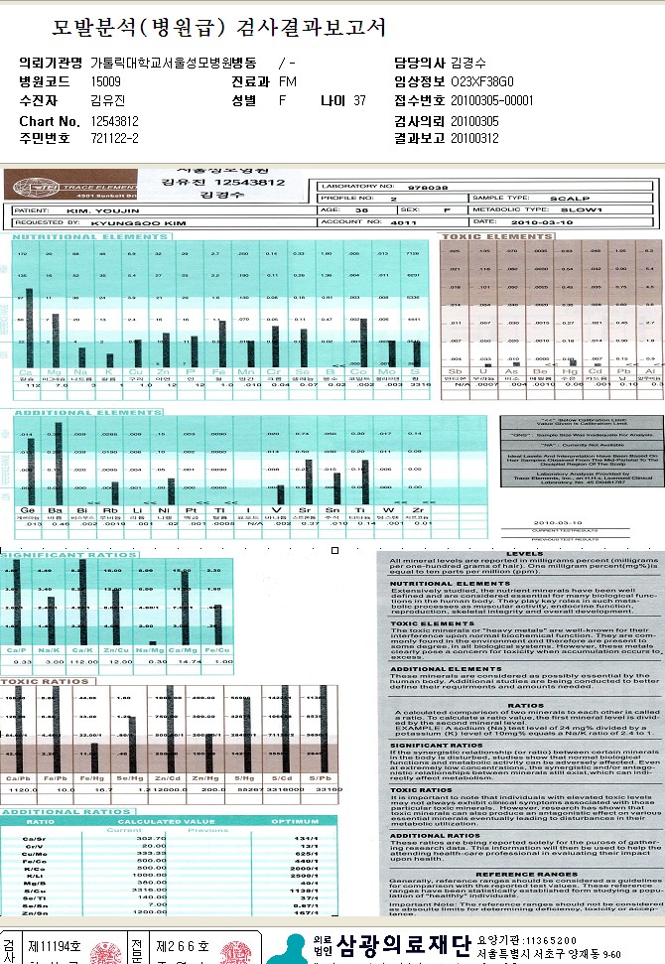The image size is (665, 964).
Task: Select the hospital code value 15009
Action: [105, 80]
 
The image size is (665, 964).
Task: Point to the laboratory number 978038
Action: [435, 186]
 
